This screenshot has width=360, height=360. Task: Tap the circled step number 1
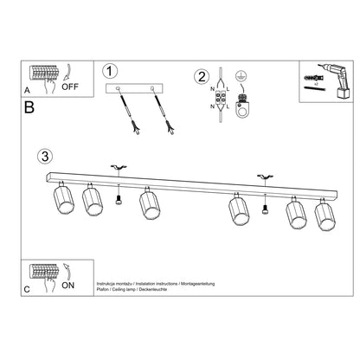pyautogui.click(x=108, y=71)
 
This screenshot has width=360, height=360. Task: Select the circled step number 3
pyautogui.click(x=45, y=157)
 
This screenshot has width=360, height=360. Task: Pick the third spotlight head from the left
pyautogui.click(x=150, y=209)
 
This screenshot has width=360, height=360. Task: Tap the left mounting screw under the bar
pyautogui.click(x=119, y=201)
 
